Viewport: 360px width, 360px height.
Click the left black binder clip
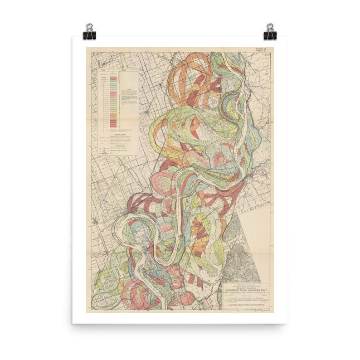tap(89, 32)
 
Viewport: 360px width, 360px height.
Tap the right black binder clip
tap(270, 32)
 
